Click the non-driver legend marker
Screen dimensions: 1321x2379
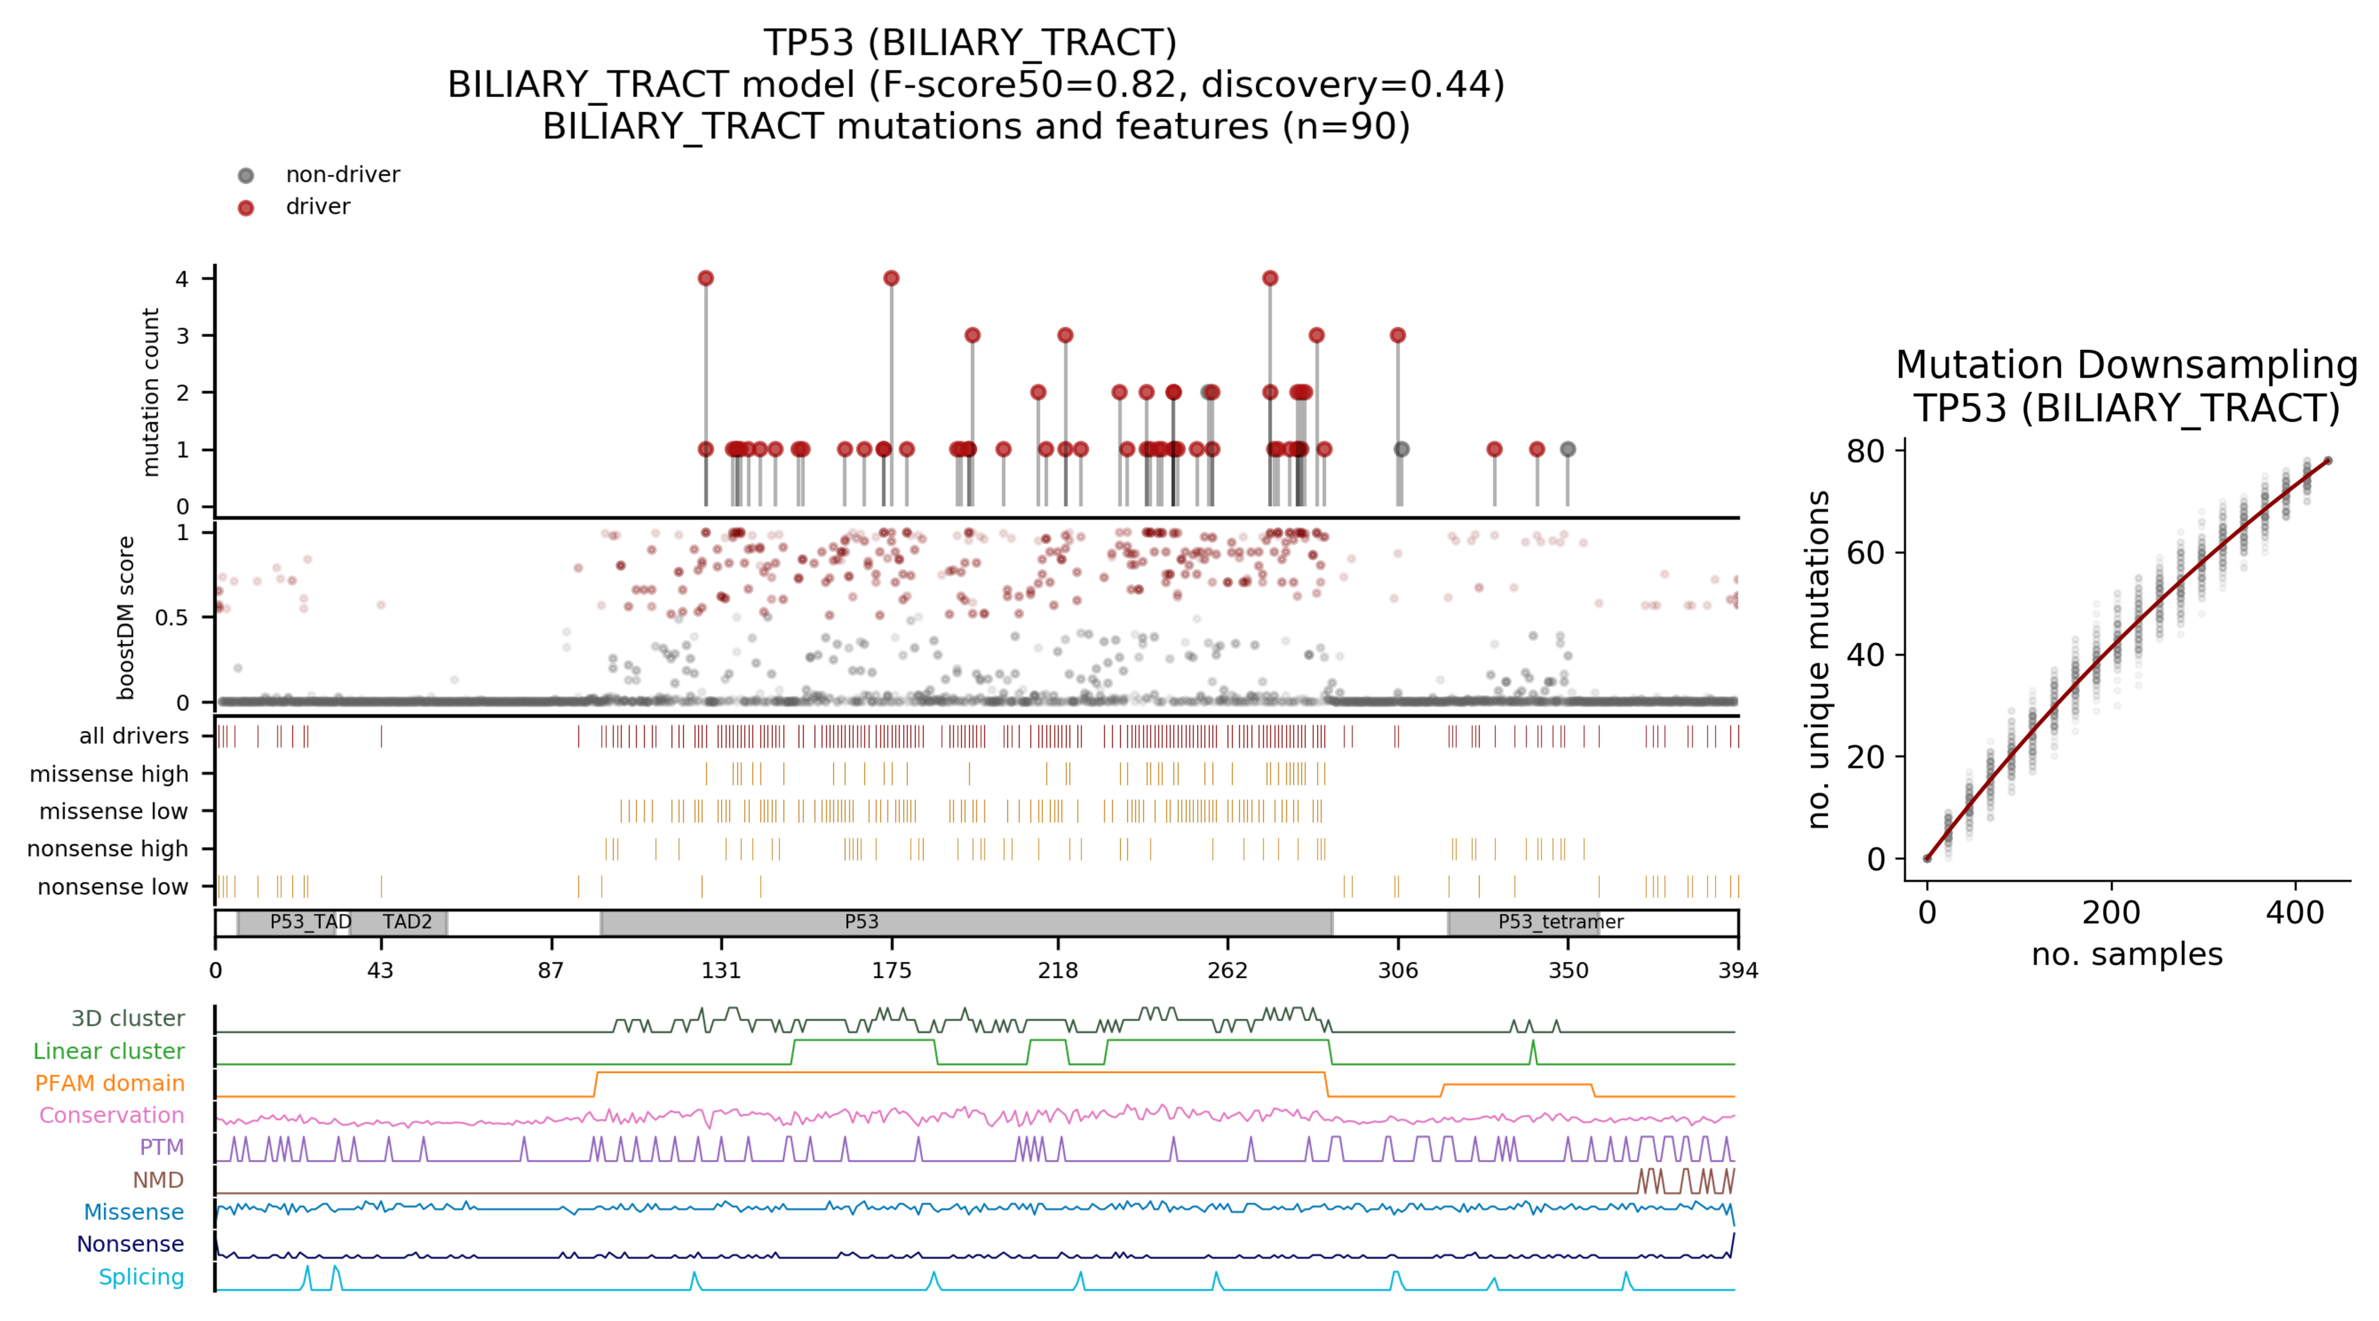(245, 176)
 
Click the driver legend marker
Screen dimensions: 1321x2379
(245, 208)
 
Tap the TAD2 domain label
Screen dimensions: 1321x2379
(408, 922)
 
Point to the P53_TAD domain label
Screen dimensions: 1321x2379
(310, 922)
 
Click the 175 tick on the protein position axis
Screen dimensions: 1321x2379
(891, 970)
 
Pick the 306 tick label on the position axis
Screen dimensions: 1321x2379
(1397, 970)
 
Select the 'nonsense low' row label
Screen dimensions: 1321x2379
(113, 887)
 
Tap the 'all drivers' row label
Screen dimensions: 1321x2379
(134, 736)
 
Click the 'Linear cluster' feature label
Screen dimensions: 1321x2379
(109, 1051)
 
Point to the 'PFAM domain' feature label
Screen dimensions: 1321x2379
(110, 1083)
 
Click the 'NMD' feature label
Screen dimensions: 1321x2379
(158, 1180)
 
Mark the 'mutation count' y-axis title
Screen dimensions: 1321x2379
(151, 392)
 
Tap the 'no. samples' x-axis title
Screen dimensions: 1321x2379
(2126, 954)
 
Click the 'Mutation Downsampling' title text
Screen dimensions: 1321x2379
(2126, 365)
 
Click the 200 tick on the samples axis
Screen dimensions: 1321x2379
(2110, 913)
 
